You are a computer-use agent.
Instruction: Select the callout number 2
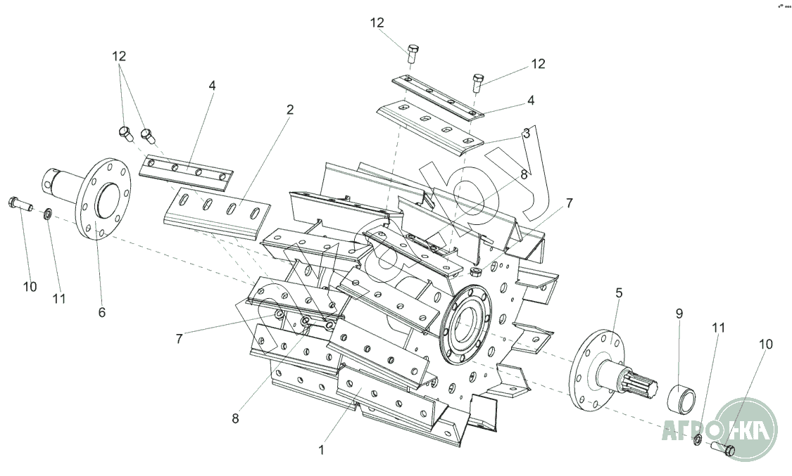click(290, 110)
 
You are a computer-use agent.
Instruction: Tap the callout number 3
click(526, 131)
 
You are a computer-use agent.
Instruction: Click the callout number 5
click(619, 292)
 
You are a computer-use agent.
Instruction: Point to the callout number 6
click(102, 311)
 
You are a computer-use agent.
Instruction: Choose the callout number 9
click(679, 314)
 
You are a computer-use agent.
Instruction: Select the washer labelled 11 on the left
click(46, 212)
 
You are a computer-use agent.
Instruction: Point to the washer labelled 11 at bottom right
click(697, 440)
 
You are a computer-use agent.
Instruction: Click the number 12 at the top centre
click(377, 22)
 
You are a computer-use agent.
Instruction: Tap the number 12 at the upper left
click(119, 56)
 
